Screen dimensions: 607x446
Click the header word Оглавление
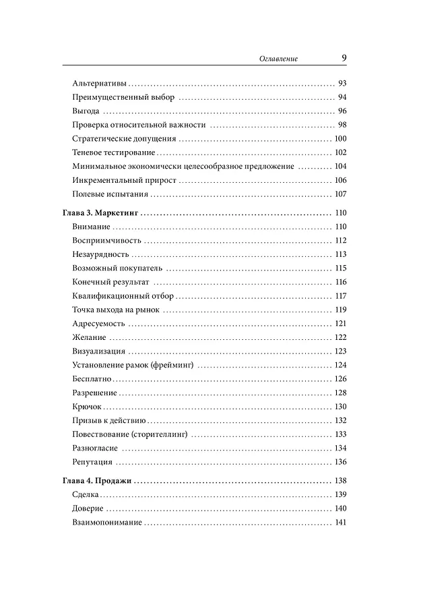pos(279,59)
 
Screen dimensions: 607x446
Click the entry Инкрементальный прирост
pos(114,180)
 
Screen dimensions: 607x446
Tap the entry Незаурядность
pos(100,254)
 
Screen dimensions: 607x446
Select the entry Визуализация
pos(99,351)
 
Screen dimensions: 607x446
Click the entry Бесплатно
pos(94,378)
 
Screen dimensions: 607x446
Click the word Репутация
pos(92,462)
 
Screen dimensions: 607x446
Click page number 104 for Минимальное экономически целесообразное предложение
pos(340,167)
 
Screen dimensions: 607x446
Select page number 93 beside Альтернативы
pos(342,84)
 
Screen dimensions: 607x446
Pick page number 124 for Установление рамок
pos(340,365)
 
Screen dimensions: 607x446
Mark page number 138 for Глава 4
pos(340,481)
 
